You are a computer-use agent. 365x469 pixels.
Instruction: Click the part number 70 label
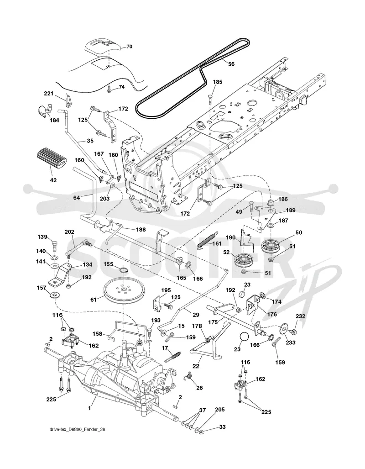pyautogui.click(x=129, y=47)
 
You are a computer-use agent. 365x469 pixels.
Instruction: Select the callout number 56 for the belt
pyautogui.click(x=231, y=64)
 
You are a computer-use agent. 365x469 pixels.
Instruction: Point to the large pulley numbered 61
pyautogui.click(x=122, y=290)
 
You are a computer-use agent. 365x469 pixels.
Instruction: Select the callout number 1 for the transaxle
pyautogui.click(x=89, y=408)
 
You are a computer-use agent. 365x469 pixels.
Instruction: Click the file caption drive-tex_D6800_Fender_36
pyautogui.click(x=77, y=430)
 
